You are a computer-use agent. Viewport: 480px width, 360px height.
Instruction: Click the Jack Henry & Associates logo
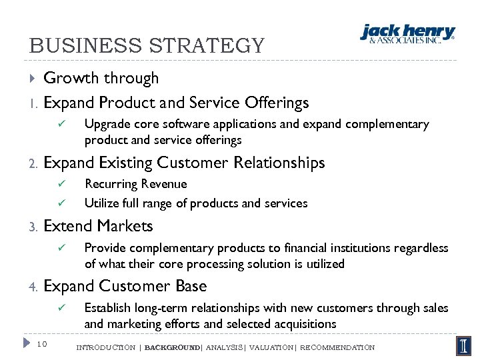407,33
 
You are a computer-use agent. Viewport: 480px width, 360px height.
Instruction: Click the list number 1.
32,103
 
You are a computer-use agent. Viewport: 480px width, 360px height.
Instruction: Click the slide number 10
41,345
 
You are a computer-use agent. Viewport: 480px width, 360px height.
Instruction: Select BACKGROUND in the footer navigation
171,347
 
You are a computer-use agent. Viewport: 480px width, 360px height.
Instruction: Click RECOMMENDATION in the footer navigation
338,347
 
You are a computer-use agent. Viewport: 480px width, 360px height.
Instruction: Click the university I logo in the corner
463,345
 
